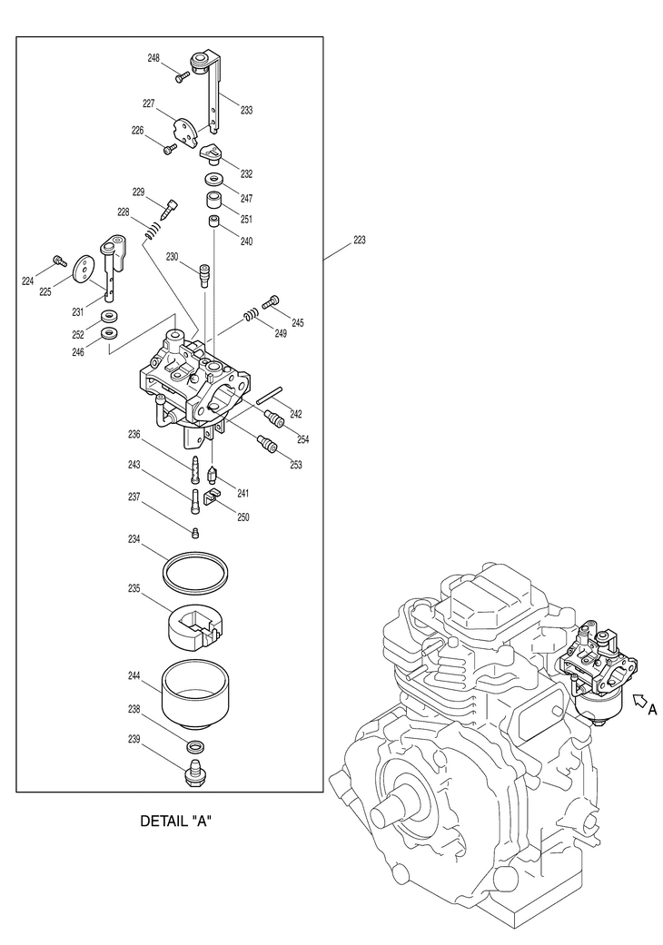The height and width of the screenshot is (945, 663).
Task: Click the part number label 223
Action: [360, 240]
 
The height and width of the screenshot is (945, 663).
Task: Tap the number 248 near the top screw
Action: [153, 58]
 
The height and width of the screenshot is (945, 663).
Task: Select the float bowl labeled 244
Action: [196, 694]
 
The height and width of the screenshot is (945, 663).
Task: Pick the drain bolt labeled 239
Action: [194, 772]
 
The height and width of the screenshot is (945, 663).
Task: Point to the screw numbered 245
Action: [272, 300]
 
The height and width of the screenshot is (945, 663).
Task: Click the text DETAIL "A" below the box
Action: [176, 821]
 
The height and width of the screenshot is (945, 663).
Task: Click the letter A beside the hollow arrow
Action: [653, 710]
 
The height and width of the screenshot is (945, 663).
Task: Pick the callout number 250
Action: [242, 517]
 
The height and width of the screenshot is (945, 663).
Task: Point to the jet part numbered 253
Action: [266, 444]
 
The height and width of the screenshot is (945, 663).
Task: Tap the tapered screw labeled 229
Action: [168, 210]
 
